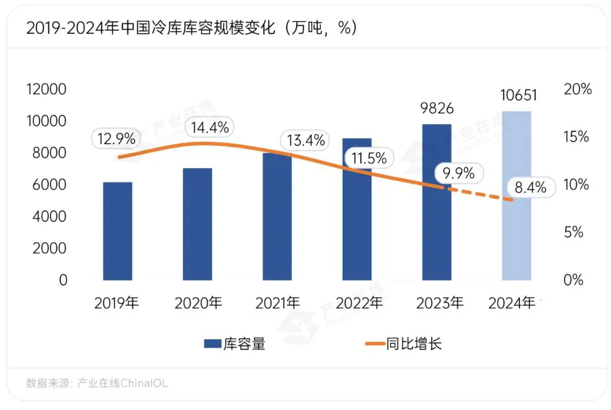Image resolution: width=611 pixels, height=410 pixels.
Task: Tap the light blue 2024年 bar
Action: tap(517, 195)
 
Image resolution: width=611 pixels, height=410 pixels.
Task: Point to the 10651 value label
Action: tap(518, 95)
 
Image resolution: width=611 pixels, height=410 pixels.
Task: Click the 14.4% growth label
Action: tap(209, 128)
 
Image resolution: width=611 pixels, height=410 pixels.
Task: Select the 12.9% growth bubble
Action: tap(116, 138)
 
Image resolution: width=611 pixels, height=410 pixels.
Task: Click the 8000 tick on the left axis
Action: tap(48, 153)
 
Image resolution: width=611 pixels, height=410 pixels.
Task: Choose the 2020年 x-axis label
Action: tap(198, 303)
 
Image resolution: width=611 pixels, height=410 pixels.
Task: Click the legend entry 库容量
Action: tap(234, 343)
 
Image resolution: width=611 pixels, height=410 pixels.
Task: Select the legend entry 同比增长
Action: tap(403, 343)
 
